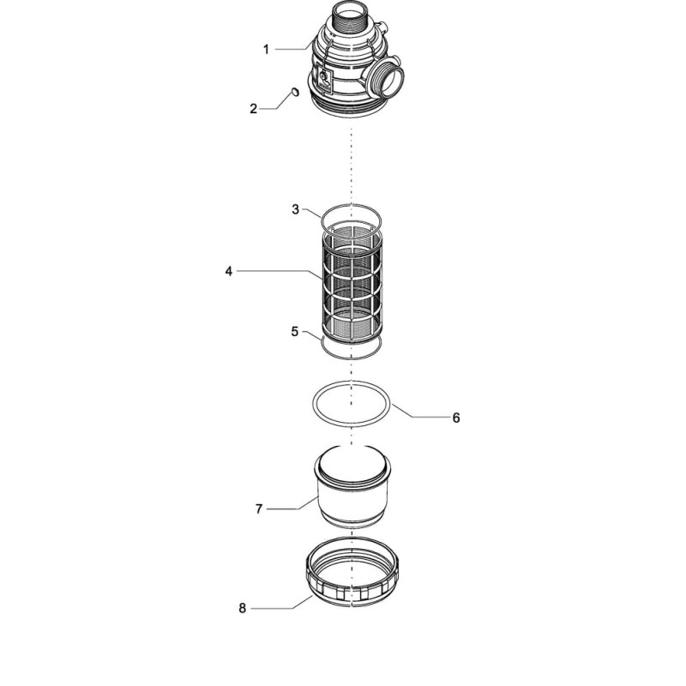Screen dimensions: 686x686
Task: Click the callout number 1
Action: (x=266, y=50)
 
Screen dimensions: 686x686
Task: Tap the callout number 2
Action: (x=254, y=109)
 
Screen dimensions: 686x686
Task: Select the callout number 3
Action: (x=296, y=209)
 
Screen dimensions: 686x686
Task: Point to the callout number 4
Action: (x=229, y=271)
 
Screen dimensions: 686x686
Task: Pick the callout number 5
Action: (x=295, y=332)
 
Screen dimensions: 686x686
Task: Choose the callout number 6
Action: (x=456, y=418)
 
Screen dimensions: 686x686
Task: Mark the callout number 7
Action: (x=259, y=508)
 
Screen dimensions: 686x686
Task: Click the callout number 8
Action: (x=243, y=608)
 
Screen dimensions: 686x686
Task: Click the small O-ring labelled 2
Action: (x=296, y=92)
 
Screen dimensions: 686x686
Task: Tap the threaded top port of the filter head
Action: (x=349, y=18)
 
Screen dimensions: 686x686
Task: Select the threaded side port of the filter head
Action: (x=386, y=79)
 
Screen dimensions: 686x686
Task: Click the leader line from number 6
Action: (x=421, y=412)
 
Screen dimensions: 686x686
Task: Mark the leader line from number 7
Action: (x=292, y=503)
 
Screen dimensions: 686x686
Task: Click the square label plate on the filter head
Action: (x=324, y=81)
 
